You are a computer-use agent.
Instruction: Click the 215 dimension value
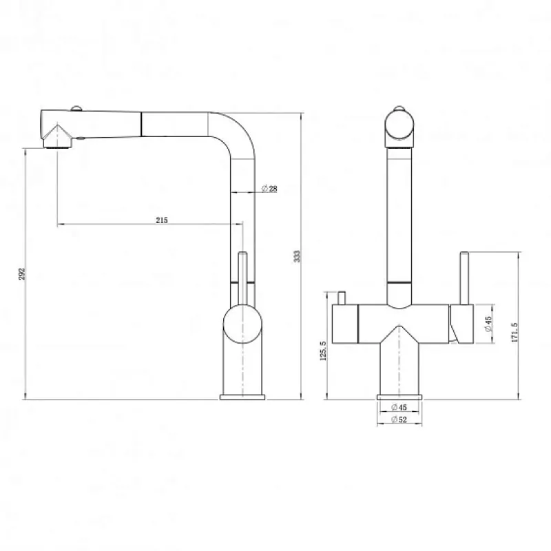162,220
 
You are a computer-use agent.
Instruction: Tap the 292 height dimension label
22,273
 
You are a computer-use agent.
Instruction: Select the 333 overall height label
298,256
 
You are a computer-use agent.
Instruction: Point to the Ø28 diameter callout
269,189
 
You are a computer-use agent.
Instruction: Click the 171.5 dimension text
514,332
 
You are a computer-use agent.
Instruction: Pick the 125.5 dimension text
323,351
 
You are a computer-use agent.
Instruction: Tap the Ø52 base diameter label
399,419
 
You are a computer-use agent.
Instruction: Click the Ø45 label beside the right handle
488,324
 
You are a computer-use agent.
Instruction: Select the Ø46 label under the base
399,407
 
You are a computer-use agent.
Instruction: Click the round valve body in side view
243,324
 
